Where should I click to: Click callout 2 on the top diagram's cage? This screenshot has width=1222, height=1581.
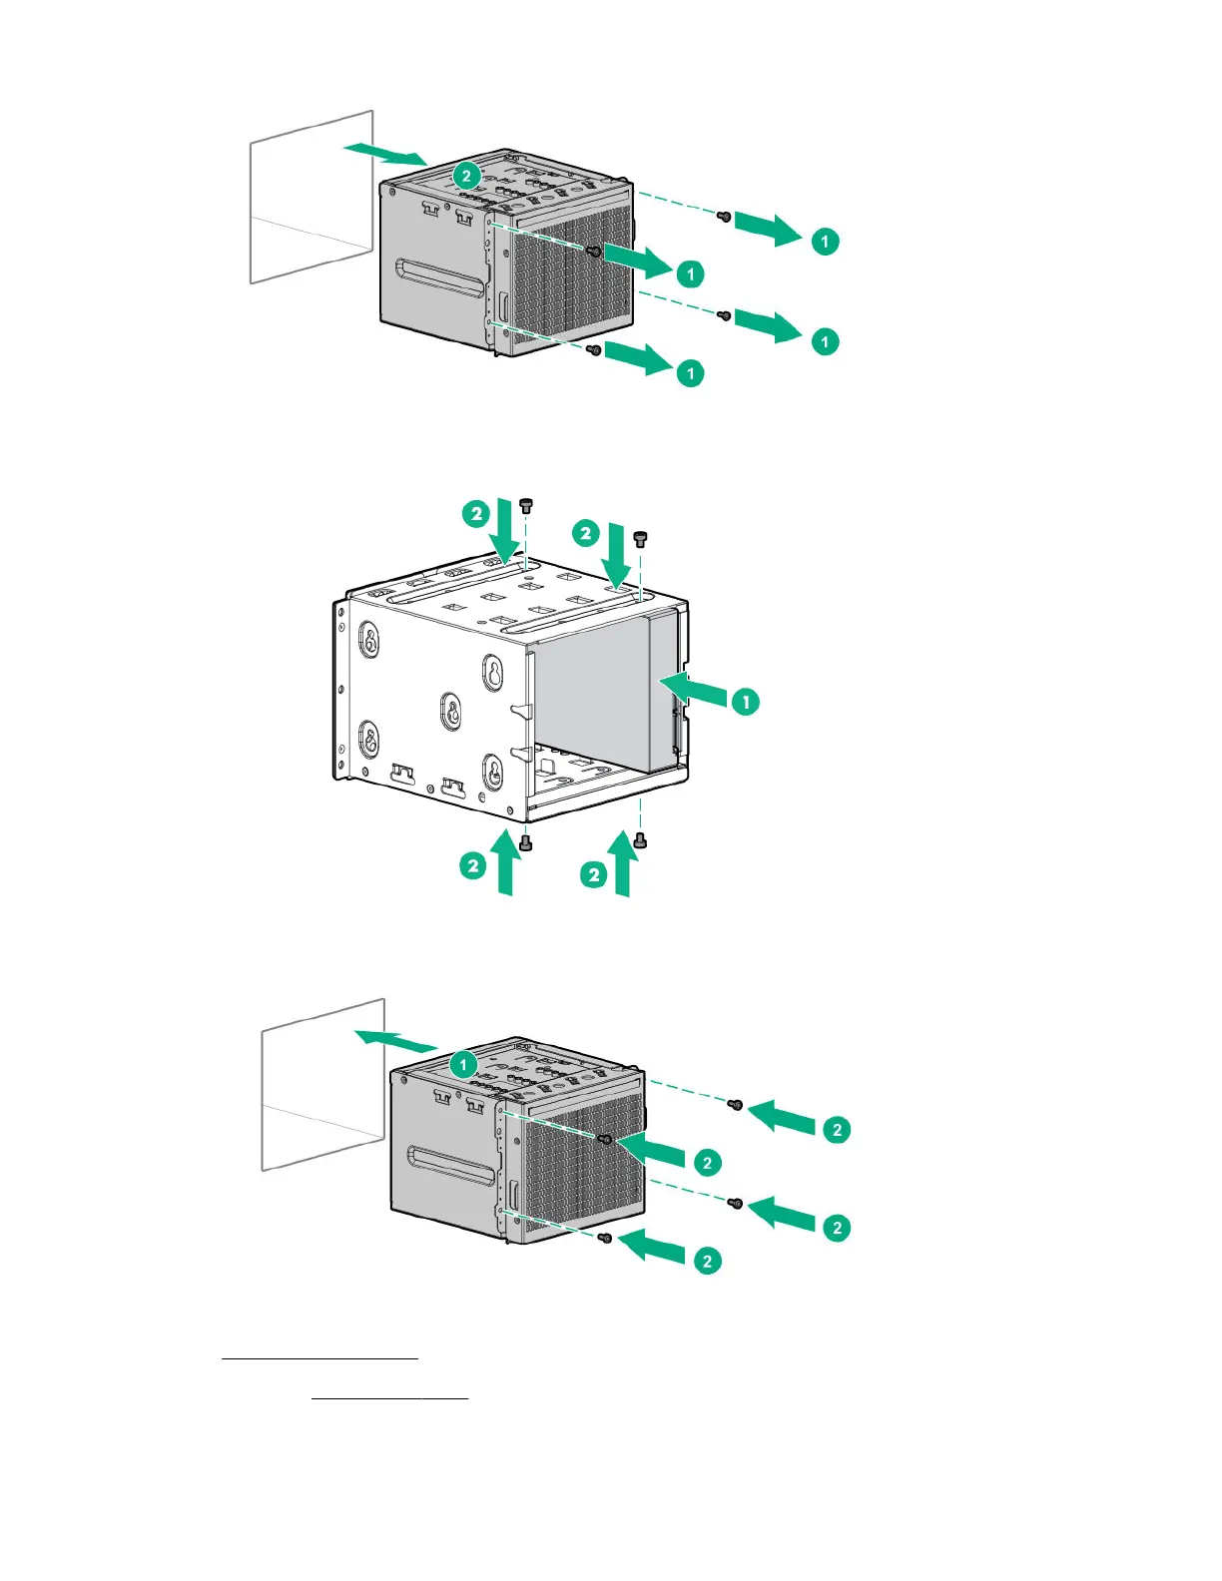pyautogui.click(x=465, y=176)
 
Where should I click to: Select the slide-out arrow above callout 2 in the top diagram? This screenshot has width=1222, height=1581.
pyautogui.click(x=385, y=153)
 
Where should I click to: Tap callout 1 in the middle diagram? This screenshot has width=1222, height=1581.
pyautogui.click(x=746, y=702)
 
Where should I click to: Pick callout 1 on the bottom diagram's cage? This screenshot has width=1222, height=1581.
pyautogui.click(x=463, y=1065)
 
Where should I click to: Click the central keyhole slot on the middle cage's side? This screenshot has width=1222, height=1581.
pyautogui.click(x=452, y=712)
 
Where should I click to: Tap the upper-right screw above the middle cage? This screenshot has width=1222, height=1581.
pyautogui.click(x=641, y=539)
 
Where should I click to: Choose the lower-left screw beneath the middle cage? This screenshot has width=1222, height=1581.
pyautogui.click(x=526, y=844)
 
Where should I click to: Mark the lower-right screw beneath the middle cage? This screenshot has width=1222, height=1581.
pyautogui.click(x=641, y=841)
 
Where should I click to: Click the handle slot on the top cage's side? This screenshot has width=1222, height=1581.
pyautogui.click(x=440, y=278)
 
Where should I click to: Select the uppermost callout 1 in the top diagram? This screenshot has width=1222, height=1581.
pyautogui.click(x=825, y=242)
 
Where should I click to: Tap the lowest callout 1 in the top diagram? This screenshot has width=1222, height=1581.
pyautogui.click(x=690, y=373)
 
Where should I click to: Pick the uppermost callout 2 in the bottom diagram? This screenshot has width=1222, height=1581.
pyautogui.click(x=837, y=1130)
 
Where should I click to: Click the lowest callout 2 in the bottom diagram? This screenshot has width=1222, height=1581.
pyautogui.click(x=707, y=1261)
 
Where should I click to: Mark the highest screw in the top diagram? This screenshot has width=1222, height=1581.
pyautogui.click(x=726, y=216)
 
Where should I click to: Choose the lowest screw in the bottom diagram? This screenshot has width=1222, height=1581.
pyautogui.click(x=604, y=1238)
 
